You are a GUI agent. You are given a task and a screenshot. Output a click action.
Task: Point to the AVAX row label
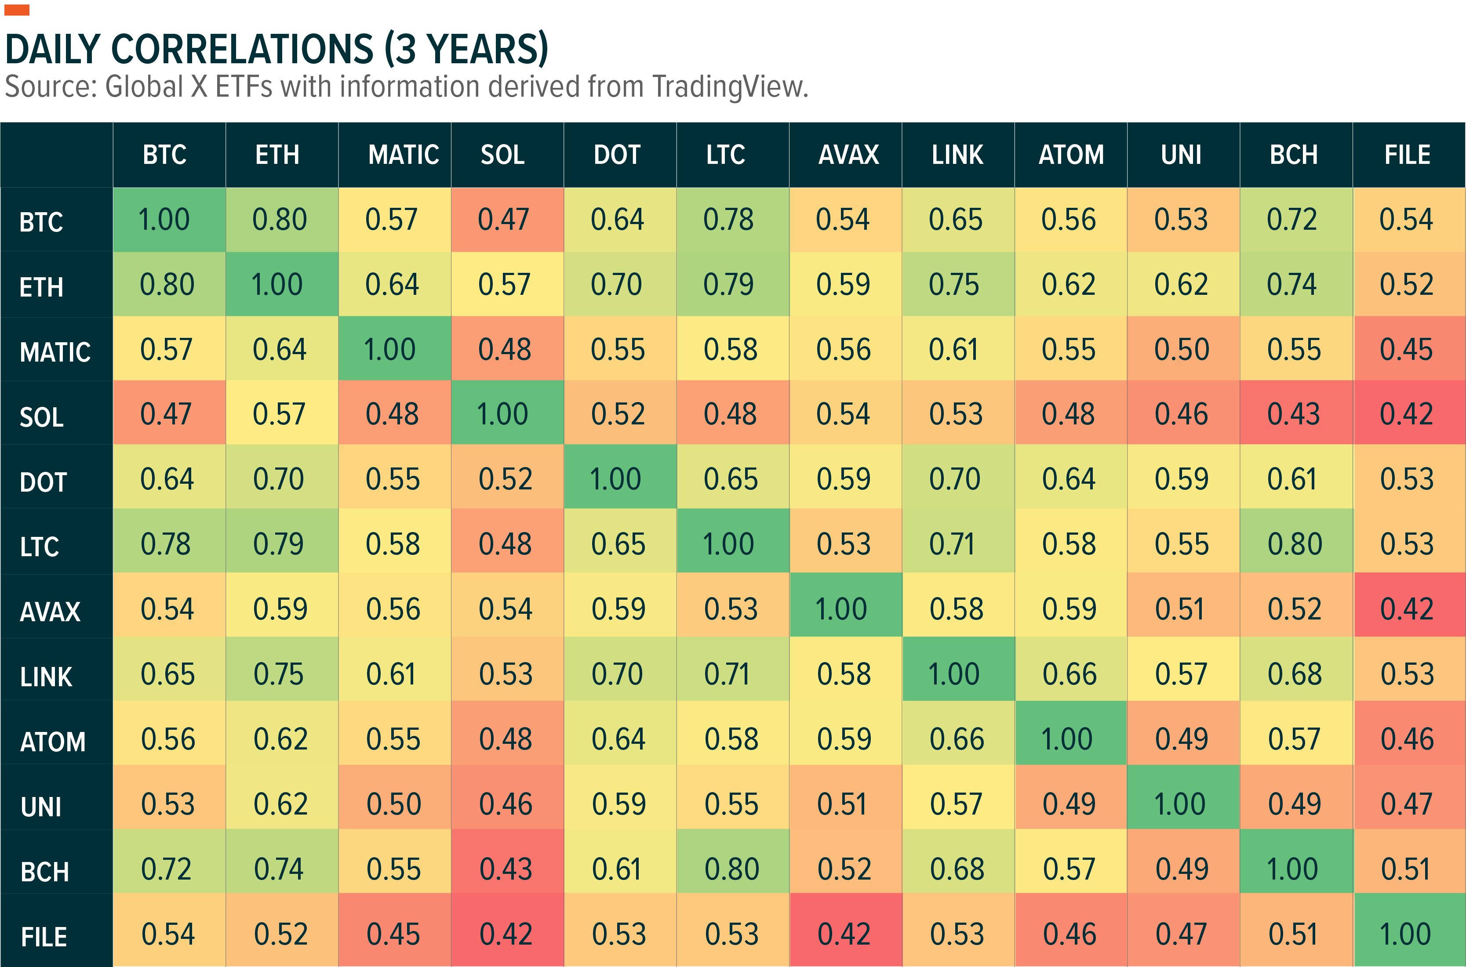tap(50, 612)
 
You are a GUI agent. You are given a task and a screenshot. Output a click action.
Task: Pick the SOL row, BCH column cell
tap(1293, 414)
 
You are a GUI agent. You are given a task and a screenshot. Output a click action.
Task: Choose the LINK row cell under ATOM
tap(1069, 674)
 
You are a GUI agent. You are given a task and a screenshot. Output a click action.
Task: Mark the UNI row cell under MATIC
tap(393, 804)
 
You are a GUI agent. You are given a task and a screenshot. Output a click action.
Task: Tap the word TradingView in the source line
tap(729, 87)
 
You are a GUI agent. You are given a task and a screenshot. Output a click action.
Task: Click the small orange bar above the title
tap(17, 10)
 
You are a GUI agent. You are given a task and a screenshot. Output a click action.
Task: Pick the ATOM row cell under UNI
tap(1182, 739)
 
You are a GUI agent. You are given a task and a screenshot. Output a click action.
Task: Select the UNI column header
tap(1181, 155)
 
